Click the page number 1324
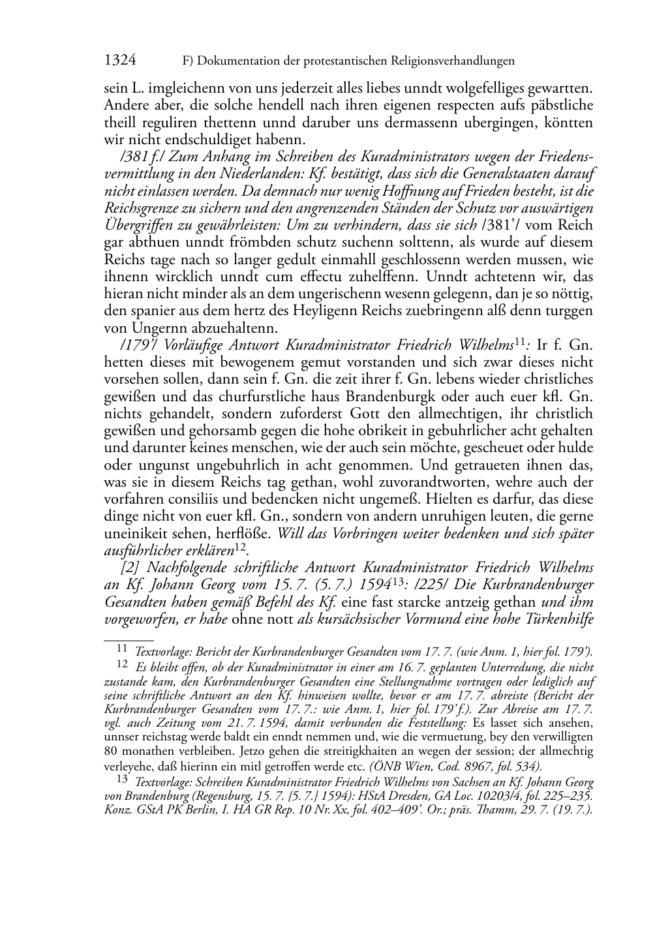pos(120,61)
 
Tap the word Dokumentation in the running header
pos(238,61)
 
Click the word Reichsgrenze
pos(139,208)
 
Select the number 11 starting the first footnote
pos(121,648)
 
